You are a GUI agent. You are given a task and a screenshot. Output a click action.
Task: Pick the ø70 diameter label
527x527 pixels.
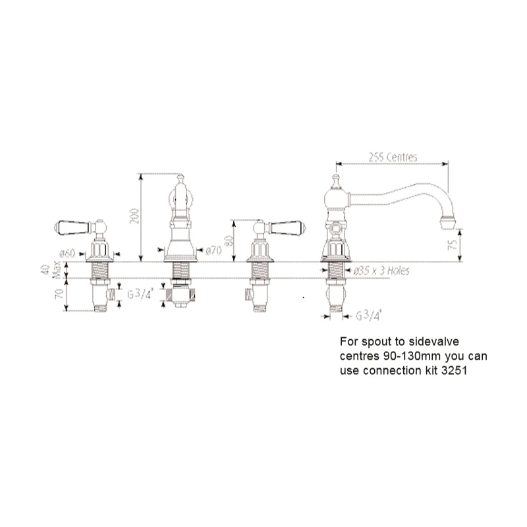pos(212,250)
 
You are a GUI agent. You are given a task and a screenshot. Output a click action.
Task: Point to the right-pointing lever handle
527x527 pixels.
pos(288,227)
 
